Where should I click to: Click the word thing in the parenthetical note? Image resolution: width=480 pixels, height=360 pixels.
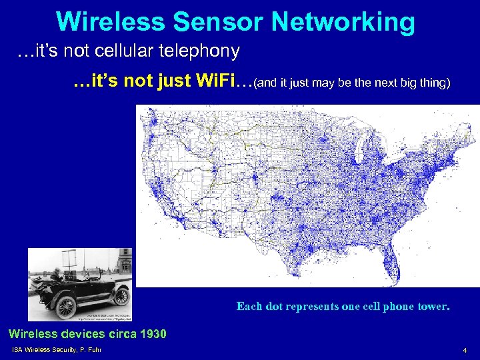click(433, 85)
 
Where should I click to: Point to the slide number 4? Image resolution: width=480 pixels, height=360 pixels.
click(465, 351)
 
